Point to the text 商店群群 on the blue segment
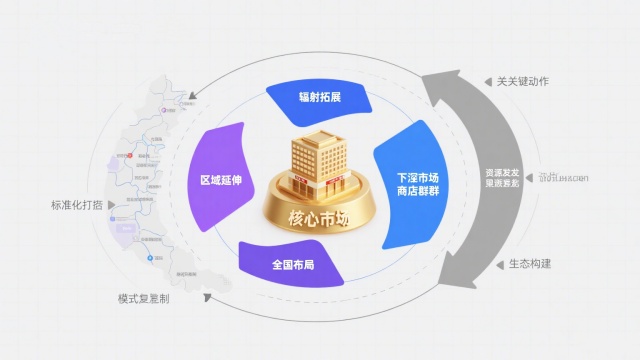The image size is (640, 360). point(417,192)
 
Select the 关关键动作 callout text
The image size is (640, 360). point(524,80)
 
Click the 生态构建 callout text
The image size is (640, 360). point(530,264)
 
